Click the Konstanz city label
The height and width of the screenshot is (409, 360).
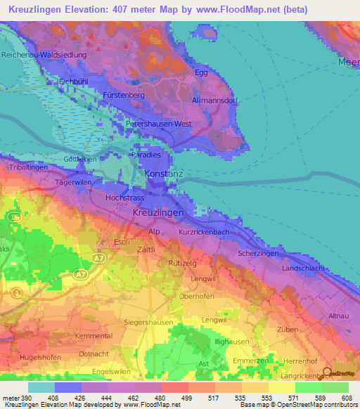(163, 173)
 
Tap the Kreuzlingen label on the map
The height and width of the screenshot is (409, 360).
(158, 212)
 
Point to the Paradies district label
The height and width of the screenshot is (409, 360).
(146, 154)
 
